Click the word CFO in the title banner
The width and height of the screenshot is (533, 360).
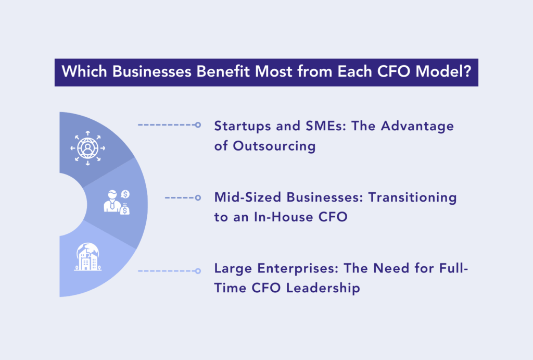[x=394, y=71]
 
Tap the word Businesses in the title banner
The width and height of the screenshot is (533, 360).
[x=152, y=71]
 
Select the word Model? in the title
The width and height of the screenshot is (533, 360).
[x=443, y=71]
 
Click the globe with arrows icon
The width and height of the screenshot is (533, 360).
[x=87, y=148]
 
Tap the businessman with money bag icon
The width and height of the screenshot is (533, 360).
[x=117, y=202]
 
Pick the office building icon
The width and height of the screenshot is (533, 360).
[x=87, y=257]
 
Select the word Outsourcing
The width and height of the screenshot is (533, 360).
[x=274, y=146]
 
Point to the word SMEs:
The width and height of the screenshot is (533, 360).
[x=326, y=126]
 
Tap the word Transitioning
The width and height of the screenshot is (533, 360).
[x=412, y=198]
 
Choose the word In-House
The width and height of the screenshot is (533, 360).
[x=284, y=217]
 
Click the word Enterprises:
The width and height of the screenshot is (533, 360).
[x=298, y=269]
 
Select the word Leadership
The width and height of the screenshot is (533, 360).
[x=323, y=289]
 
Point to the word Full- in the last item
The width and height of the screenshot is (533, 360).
[x=453, y=268]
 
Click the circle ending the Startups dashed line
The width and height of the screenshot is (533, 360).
[x=198, y=125]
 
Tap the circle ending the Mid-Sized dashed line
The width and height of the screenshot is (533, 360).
[x=198, y=197]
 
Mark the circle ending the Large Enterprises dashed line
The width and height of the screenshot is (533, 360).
[x=198, y=271]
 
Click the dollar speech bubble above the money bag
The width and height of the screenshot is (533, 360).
[x=125, y=194]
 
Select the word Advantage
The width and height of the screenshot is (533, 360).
[x=417, y=127]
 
